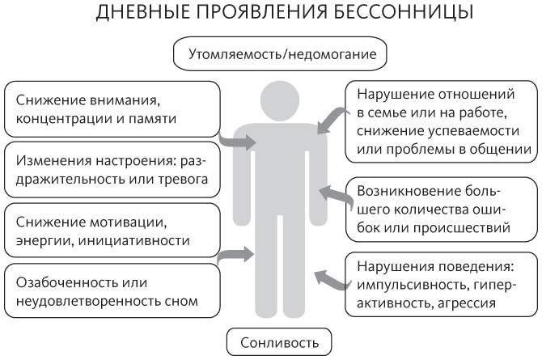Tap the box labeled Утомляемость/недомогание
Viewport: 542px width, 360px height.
(280, 54)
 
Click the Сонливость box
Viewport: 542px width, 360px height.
(279, 342)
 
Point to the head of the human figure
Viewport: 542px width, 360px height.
(280, 100)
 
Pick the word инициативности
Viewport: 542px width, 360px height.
(134, 241)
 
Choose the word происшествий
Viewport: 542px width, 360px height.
(461, 228)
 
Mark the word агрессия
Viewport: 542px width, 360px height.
(467, 303)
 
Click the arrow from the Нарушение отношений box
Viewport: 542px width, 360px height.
(331, 120)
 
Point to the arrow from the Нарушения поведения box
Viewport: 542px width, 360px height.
(330, 280)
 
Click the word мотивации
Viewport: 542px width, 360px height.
(129, 222)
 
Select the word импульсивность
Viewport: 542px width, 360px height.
(413, 286)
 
